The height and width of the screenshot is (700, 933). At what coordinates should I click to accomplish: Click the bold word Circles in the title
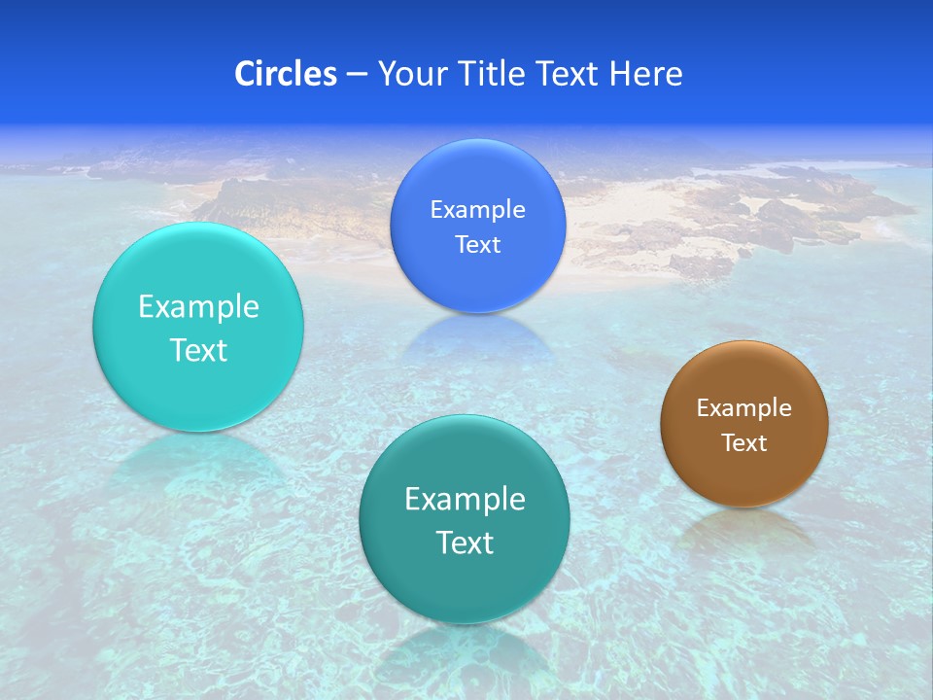[x=286, y=74]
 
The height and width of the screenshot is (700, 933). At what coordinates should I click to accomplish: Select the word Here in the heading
[x=645, y=74]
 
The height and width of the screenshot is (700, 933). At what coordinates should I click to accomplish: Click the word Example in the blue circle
[x=477, y=210]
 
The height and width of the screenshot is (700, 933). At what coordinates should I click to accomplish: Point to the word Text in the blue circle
[x=477, y=244]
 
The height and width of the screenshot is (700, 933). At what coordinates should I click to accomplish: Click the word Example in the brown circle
[x=744, y=408]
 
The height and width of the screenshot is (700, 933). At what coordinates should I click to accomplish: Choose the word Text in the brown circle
[x=744, y=442]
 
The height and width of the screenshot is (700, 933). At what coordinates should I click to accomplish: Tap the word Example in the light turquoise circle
[x=198, y=307]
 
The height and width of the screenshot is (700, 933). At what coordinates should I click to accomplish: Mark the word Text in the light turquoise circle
[x=198, y=350]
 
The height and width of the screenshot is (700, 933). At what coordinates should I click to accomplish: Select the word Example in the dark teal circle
[x=465, y=500]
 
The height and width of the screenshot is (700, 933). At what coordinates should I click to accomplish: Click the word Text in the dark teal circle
[x=465, y=542]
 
